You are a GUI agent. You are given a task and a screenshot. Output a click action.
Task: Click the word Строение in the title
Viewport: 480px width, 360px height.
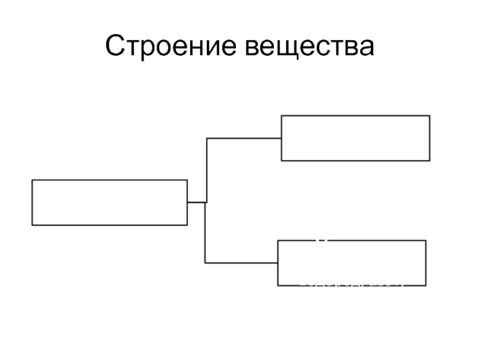pos(168,46)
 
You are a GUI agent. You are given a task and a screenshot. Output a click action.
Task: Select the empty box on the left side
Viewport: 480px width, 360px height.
pos(109,202)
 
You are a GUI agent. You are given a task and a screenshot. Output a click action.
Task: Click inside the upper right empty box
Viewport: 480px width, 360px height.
pos(355,138)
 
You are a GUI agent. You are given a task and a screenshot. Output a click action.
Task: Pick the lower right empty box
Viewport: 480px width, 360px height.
pos(352,263)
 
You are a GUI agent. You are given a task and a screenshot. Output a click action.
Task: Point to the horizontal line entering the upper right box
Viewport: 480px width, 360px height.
pos(244,138)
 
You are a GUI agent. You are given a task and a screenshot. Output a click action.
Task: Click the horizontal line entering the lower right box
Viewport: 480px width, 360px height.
pos(241,263)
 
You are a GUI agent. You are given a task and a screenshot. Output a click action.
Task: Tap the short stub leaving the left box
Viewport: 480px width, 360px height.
pos(196,202)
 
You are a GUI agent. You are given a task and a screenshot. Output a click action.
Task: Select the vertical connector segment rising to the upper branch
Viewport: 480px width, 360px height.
pos(207,170)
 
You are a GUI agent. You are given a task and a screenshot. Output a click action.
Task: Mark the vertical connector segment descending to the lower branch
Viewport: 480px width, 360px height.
pos(205,233)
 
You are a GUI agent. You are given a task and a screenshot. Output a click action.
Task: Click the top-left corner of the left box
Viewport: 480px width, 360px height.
pos(32,180)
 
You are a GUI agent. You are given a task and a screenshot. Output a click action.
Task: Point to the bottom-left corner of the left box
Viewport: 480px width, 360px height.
pos(32,225)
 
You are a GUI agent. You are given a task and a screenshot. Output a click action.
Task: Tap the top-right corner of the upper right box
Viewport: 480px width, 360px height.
pos(430,116)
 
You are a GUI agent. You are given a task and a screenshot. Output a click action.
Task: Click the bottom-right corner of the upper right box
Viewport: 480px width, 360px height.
pos(430,161)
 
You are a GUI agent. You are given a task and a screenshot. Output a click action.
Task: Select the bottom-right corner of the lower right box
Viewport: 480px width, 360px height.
pos(426,286)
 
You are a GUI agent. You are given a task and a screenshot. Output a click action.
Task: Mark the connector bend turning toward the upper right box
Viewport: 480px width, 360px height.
pos(207,138)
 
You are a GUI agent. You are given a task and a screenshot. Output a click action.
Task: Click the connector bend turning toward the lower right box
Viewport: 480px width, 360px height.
pos(205,263)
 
